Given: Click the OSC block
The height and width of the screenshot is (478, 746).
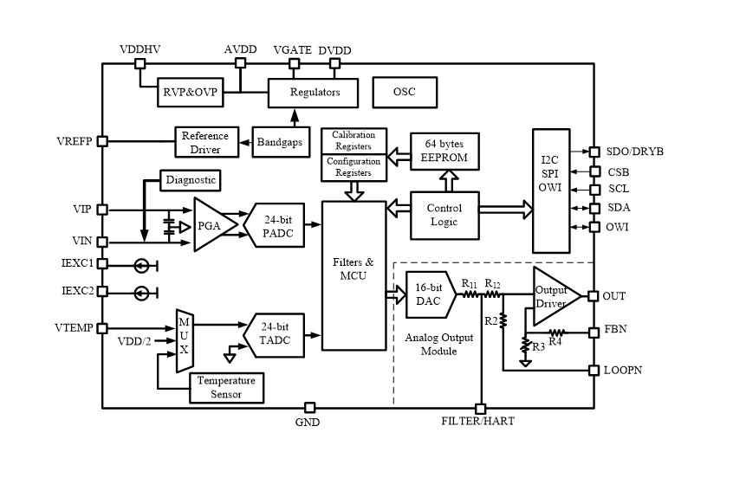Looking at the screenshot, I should [405, 92].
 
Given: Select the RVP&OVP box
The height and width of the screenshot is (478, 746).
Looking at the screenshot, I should [191, 93].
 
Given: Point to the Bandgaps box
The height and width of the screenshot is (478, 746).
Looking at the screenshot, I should [279, 141].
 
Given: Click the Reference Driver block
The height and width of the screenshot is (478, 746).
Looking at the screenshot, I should [204, 141].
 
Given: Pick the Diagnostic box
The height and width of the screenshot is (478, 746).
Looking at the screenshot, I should [191, 180].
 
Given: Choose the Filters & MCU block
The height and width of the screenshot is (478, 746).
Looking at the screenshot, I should [354, 275].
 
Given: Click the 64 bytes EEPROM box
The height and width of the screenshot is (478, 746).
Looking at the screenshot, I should [444, 149].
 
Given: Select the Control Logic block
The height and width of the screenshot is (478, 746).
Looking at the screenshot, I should [444, 215].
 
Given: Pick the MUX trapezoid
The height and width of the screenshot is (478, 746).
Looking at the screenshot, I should [184, 339].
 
